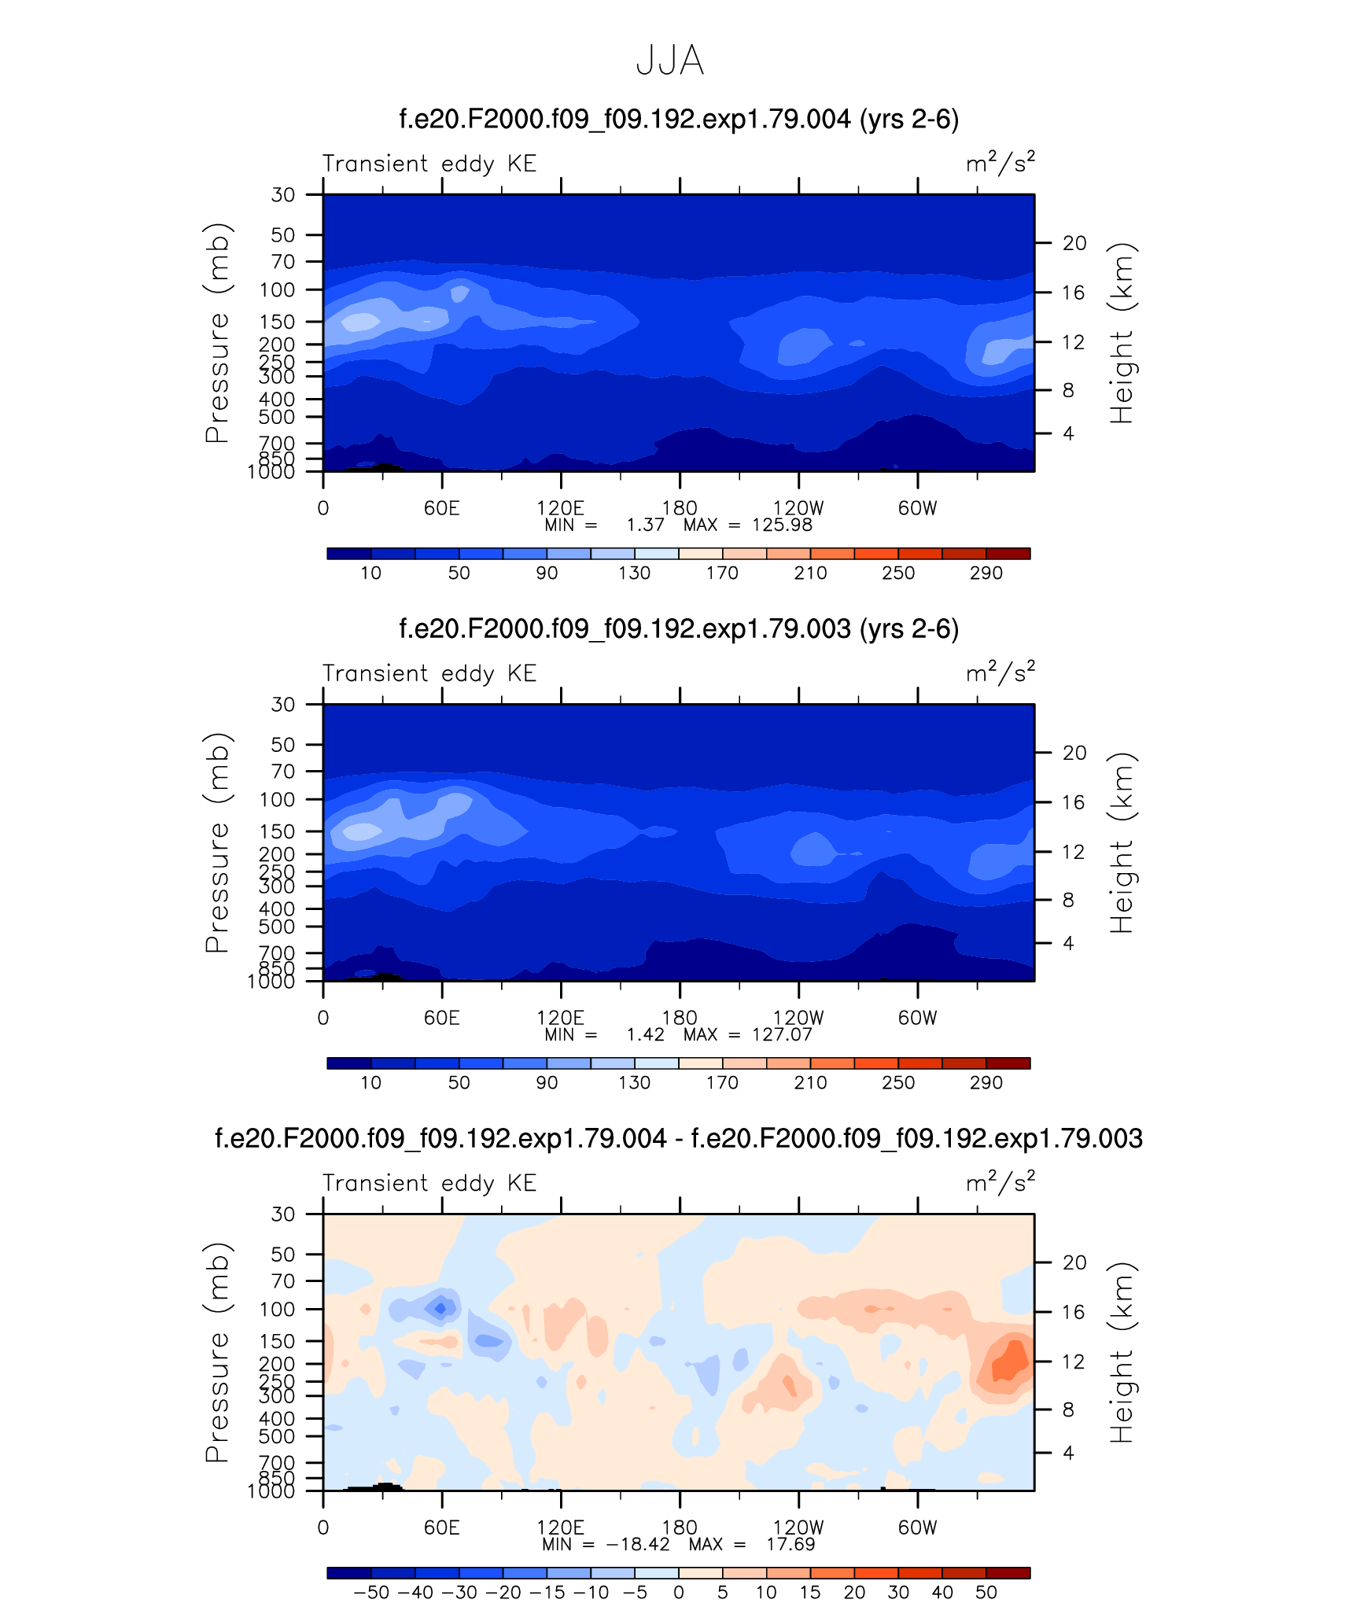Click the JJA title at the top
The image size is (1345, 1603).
669,61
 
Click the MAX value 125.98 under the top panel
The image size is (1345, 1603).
782,525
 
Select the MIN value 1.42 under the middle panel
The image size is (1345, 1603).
645,1034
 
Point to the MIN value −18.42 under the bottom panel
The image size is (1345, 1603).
638,1544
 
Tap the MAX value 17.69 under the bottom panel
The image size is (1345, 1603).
790,1544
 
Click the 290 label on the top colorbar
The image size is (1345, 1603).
986,573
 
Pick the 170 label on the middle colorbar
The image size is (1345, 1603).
722,1082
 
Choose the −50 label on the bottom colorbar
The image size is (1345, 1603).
371,1592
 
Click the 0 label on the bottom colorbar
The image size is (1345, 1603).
678,1592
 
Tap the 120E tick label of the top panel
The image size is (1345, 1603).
560,508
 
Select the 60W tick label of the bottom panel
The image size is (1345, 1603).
917,1527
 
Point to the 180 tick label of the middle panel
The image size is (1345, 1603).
680,1018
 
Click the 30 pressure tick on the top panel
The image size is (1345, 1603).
283,194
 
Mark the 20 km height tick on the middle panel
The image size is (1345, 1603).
1074,753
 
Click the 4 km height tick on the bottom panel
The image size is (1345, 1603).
1068,1453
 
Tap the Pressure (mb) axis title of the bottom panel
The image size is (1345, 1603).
216,1352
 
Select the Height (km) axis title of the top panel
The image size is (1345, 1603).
1121,333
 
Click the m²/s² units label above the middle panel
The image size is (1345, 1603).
1000,673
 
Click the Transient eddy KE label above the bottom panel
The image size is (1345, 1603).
429,1183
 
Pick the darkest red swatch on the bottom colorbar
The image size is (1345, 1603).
1008,1573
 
